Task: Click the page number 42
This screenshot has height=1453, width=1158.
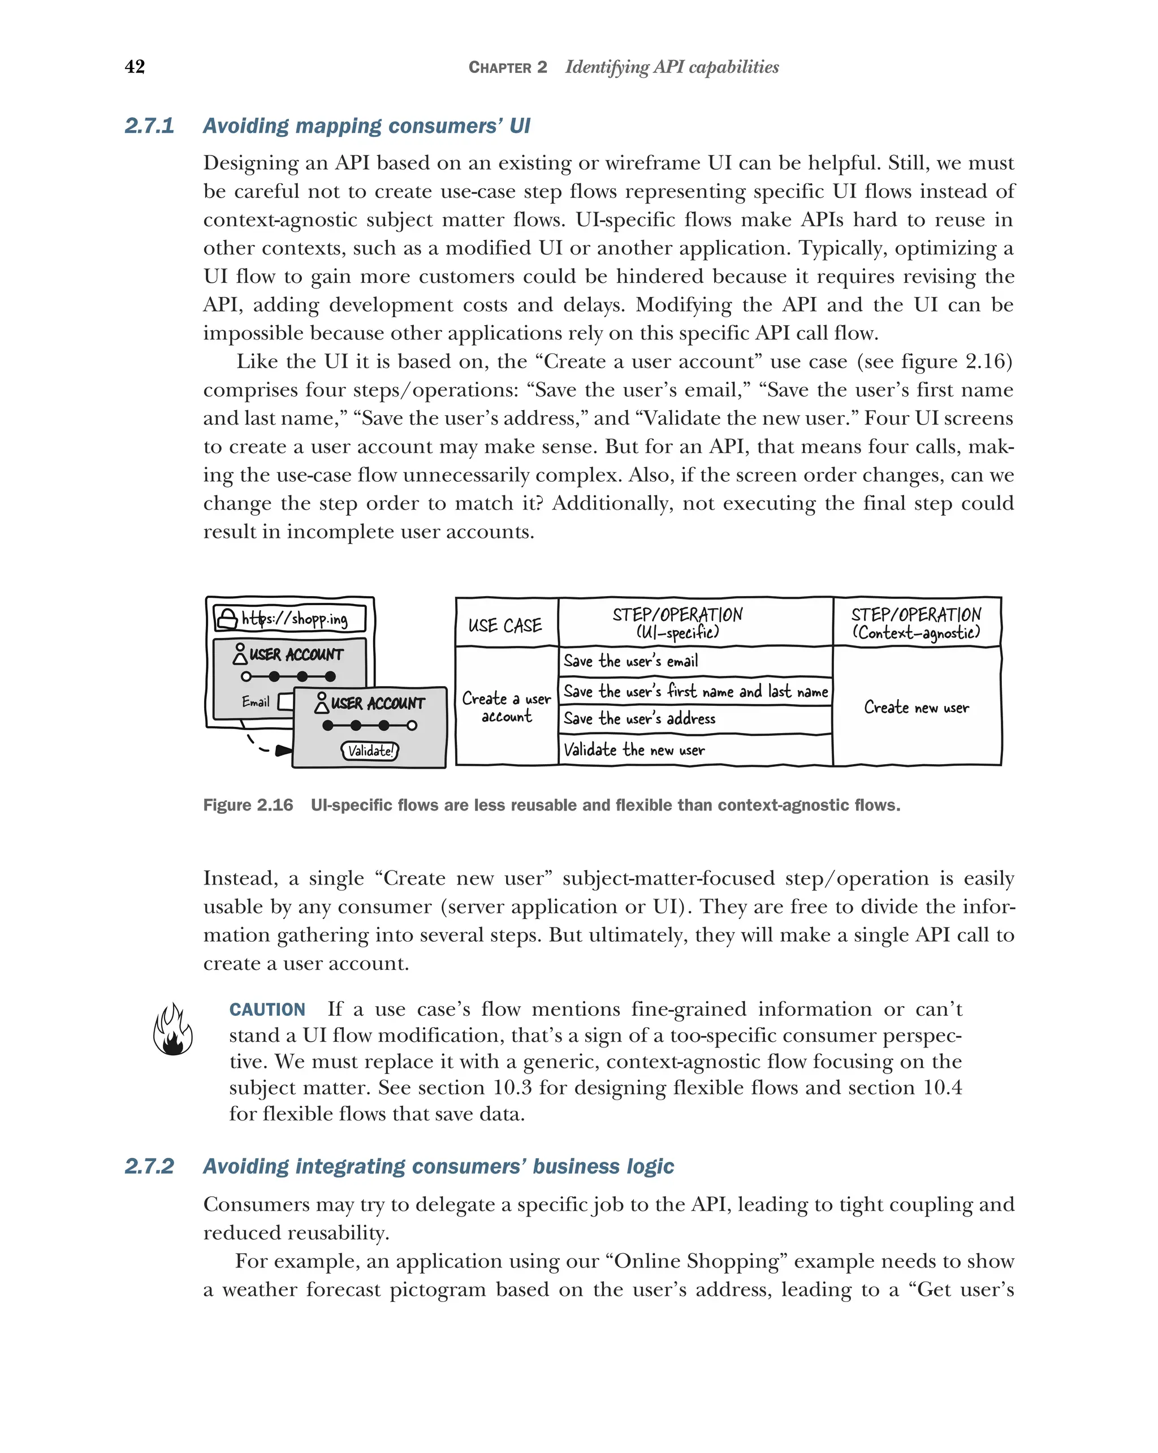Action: click(x=135, y=67)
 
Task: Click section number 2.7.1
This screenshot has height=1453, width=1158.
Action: click(x=149, y=126)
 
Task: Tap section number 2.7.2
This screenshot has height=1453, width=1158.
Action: click(x=149, y=1166)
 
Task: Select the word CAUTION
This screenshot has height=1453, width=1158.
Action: click(x=267, y=1010)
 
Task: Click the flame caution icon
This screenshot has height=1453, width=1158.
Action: click(x=172, y=1029)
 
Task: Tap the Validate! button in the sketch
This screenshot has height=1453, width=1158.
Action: click(x=370, y=751)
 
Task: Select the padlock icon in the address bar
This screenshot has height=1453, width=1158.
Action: click(x=227, y=618)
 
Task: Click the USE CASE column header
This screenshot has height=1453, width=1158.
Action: click(x=505, y=626)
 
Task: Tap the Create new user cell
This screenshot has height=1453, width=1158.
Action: click(x=916, y=708)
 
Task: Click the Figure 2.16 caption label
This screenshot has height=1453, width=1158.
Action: click(x=248, y=805)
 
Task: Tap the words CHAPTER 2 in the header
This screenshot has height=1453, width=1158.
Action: click(x=508, y=67)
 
